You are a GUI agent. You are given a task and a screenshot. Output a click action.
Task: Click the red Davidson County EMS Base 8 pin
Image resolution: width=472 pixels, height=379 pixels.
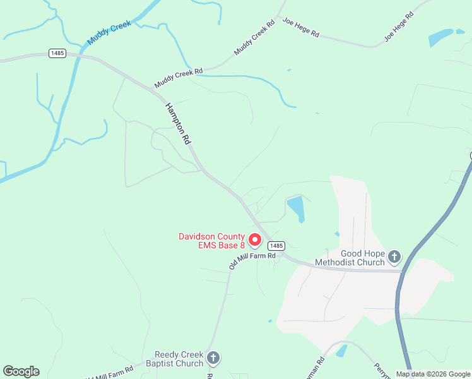pos(255,240)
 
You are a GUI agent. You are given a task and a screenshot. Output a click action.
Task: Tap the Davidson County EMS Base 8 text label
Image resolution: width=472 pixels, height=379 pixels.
pos(211,241)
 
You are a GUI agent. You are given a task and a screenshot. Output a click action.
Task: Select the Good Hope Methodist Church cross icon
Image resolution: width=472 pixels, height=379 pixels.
pos(394,256)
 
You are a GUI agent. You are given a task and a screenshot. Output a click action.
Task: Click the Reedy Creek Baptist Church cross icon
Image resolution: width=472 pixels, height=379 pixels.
pos(213,358)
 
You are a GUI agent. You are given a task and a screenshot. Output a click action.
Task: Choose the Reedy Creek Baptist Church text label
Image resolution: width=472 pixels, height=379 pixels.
pos(179,359)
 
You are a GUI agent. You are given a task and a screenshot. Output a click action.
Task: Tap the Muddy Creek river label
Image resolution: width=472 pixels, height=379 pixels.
pos(109,32)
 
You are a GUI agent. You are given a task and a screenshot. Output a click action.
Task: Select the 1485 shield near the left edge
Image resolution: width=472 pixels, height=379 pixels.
pos(57,54)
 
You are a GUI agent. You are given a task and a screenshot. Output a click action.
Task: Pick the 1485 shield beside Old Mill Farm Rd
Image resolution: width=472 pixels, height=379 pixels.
pos(279,245)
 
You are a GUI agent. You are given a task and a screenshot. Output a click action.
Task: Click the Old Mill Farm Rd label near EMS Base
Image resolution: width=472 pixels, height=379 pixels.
pos(252,261)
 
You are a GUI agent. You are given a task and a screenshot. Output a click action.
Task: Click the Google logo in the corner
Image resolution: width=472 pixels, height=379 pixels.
pos(21,371)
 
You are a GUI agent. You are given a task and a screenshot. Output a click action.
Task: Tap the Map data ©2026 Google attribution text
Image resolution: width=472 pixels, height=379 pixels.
pos(433,374)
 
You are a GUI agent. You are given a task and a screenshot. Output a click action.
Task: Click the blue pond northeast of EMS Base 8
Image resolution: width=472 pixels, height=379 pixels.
pos(296,208)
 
